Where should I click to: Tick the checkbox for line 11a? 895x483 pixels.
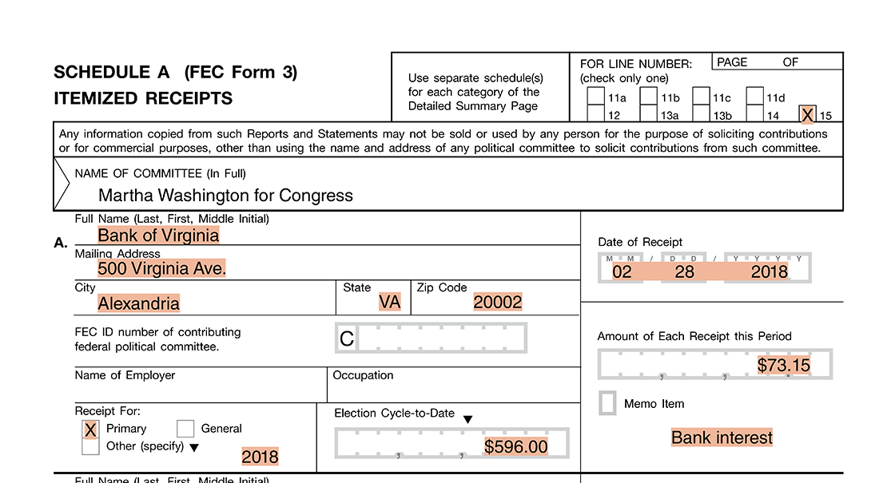(x=595, y=97)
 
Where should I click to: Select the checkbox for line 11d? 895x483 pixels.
(x=755, y=97)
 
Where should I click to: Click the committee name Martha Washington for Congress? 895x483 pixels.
(x=225, y=196)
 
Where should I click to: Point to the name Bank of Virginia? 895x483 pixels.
(x=158, y=236)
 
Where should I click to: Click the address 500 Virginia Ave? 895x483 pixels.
(x=161, y=269)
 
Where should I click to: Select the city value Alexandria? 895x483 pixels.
(x=138, y=303)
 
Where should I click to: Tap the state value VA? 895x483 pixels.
(x=390, y=303)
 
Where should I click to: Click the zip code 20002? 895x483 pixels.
(x=497, y=303)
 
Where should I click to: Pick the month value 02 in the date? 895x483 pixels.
(x=622, y=272)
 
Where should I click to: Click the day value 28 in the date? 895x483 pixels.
(x=684, y=272)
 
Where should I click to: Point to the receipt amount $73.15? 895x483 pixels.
(x=783, y=366)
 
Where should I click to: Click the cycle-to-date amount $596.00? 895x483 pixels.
(x=516, y=447)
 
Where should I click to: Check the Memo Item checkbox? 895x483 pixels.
(x=608, y=403)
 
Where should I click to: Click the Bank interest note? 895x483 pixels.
(x=722, y=437)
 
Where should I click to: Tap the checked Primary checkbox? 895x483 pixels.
(x=90, y=430)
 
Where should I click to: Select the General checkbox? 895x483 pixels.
(x=185, y=430)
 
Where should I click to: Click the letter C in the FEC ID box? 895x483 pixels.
(x=347, y=338)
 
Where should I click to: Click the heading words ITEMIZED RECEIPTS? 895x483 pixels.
(x=143, y=99)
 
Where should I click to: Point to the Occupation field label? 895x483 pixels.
(x=363, y=375)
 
